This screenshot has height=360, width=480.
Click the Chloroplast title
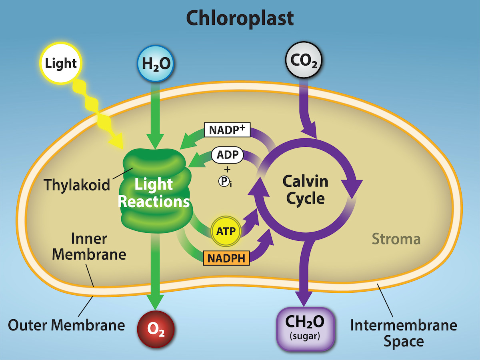pyautogui.click(x=240, y=18)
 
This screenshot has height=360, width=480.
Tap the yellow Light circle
pyautogui.click(x=61, y=63)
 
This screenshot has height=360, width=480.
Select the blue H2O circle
pyautogui.click(x=156, y=63)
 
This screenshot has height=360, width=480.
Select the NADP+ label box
pyautogui.click(x=227, y=130)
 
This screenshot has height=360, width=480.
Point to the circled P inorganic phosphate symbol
pyautogui.click(x=223, y=181)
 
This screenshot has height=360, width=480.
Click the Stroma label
pyautogui.click(x=396, y=239)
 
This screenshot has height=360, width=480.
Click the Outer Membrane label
pyautogui.click(x=66, y=325)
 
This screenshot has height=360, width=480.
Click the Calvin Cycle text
pyautogui.click(x=306, y=190)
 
